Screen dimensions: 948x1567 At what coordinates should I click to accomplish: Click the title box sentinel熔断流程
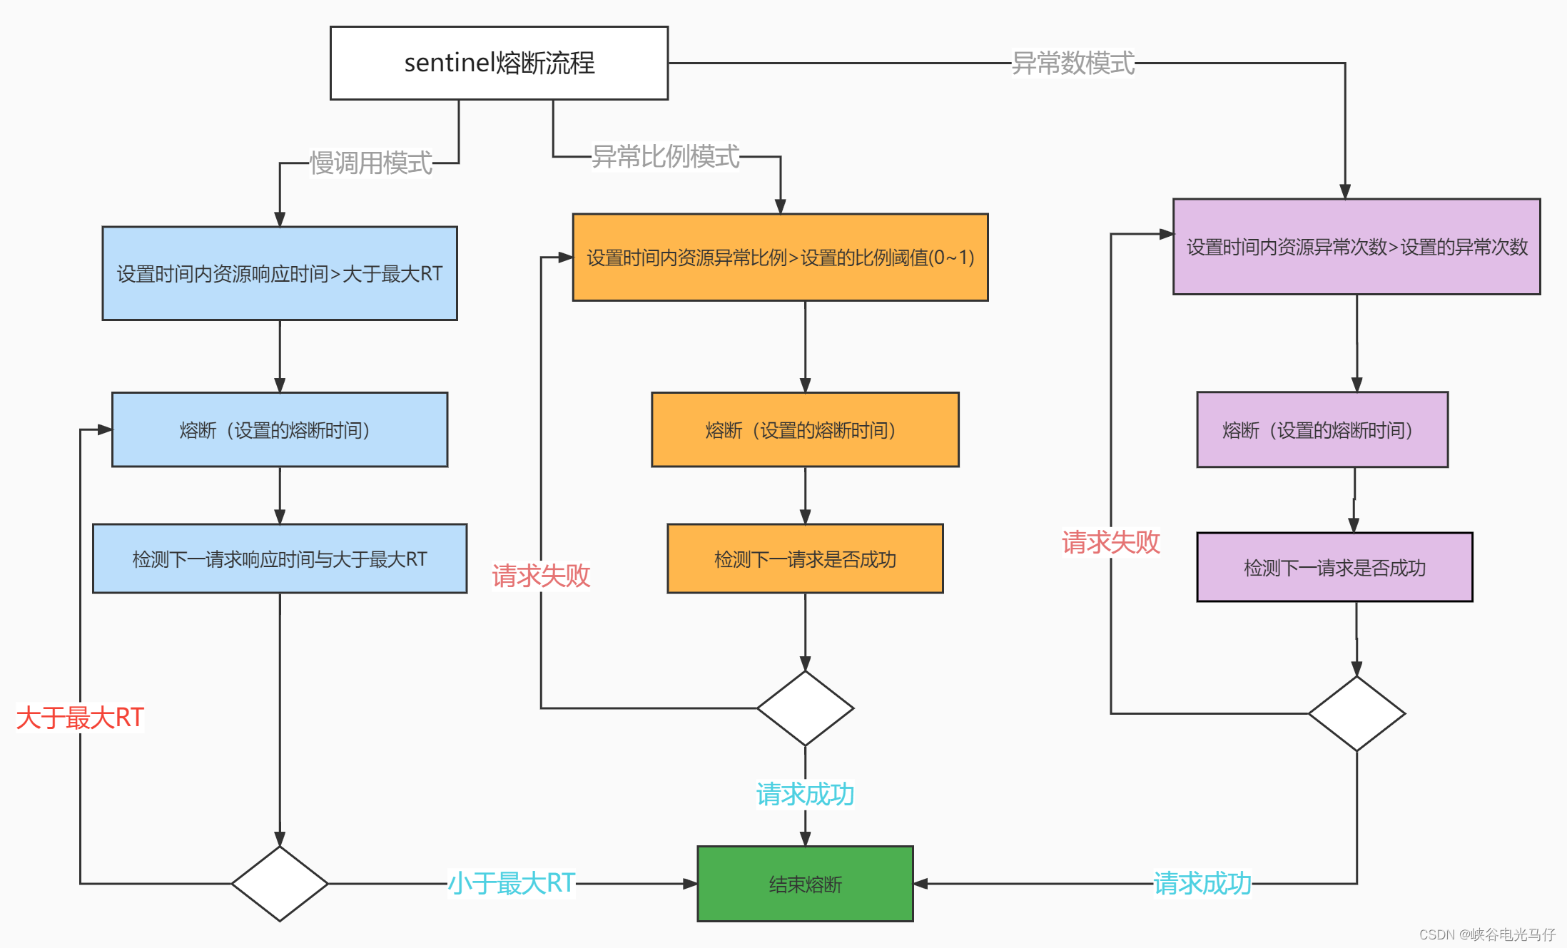(x=499, y=63)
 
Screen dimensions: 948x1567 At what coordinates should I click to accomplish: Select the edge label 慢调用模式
(x=371, y=163)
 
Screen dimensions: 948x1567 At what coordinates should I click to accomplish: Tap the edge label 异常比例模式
(x=666, y=157)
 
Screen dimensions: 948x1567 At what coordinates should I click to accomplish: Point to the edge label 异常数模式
(x=1072, y=63)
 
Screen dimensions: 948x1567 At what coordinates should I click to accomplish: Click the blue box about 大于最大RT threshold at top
(x=280, y=273)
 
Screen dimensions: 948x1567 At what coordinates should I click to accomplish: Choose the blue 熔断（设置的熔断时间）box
(x=280, y=429)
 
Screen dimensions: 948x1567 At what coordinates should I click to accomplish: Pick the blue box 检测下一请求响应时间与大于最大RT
(x=280, y=559)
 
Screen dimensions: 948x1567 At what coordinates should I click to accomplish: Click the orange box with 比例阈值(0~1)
(x=780, y=258)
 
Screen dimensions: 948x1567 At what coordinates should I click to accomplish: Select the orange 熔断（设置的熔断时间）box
(x=805, y=429)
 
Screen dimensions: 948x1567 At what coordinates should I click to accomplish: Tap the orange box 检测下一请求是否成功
(x=805, y=559)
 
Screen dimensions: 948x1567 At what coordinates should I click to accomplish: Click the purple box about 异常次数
(x=1356, y=247)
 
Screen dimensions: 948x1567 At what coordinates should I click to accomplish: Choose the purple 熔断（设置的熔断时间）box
(x=1322, y=429)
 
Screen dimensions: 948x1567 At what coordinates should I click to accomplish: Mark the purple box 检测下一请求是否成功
(x=1334, y=567)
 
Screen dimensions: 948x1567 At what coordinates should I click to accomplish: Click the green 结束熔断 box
(x=805, y=884)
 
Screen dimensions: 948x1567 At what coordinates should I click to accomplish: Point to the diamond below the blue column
(x=280, y=884)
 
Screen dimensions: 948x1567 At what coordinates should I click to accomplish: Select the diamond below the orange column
(x=805, y=708)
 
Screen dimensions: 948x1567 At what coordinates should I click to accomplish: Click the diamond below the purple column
(x=1356, y=713)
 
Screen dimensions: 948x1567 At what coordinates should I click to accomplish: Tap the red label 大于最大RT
(x=80, y=718)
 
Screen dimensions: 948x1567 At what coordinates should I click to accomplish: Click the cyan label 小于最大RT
(x=511, y=883)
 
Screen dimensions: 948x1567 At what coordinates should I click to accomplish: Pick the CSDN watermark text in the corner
(x=1487, y=934)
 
